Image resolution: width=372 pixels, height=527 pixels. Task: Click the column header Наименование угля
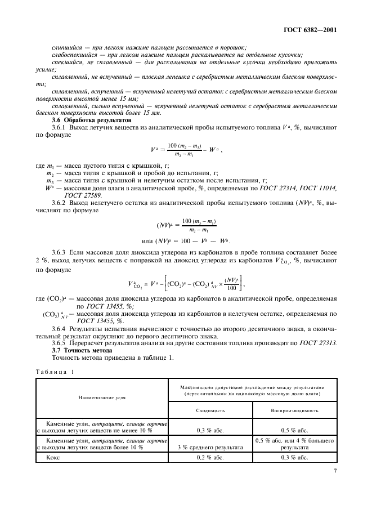pyautogui.click(x=102, y=398)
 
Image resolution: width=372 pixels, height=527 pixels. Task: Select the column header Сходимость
pyautogui.click(x=210, y=410)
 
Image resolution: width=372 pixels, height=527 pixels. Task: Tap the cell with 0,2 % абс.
pyautogui.click(x=210, y=458)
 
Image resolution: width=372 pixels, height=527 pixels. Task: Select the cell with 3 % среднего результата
pyautogui.click(x=210, y=448)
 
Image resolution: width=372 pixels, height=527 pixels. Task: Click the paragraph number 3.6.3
pyautogui.click(x=60, y=253)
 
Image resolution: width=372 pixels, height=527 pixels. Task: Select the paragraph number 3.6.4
pyautogui.click(x=60, y=328)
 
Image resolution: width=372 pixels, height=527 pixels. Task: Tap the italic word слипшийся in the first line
pyautogui.click(x=66, y=47)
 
